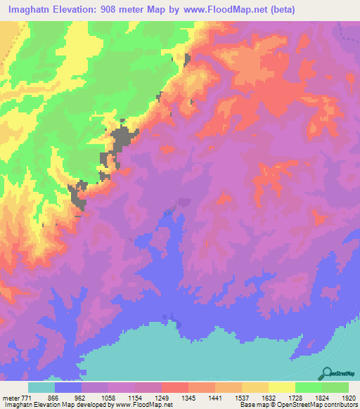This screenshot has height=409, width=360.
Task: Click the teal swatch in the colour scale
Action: coord(41,387)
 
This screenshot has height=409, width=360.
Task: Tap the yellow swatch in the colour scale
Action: coord(282,387)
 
